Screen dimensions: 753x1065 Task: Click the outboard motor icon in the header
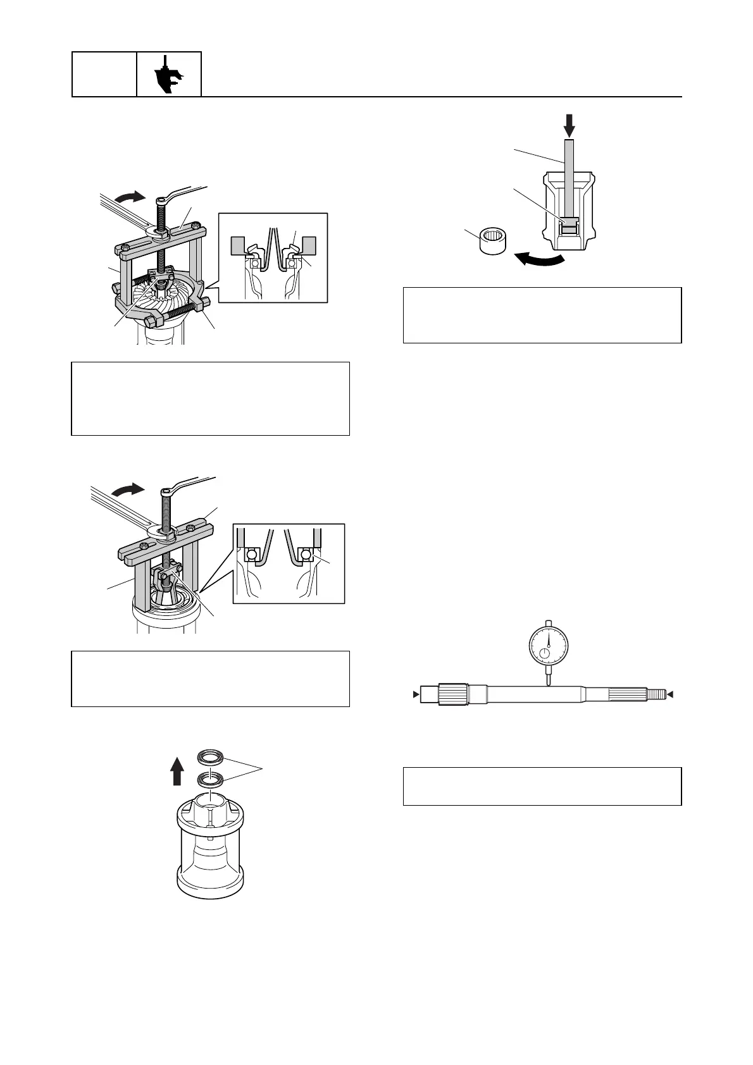click(169, 75)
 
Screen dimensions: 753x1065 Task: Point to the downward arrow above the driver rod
click(569, 125)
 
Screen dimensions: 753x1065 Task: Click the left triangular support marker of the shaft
click(416, 694)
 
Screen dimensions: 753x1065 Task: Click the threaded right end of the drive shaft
click(656, 694)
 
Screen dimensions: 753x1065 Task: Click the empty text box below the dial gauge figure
click(542, 786)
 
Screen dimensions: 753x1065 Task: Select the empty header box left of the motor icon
click(104, 75)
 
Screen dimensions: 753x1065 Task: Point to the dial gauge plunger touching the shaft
click(548, 679)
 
